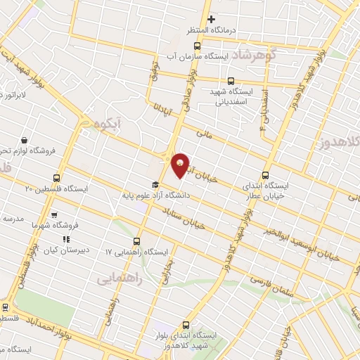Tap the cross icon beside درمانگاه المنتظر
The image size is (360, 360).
[211, 18]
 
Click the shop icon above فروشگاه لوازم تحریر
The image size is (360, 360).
[25, 140]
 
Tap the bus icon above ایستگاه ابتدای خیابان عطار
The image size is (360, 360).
[265, 174]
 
